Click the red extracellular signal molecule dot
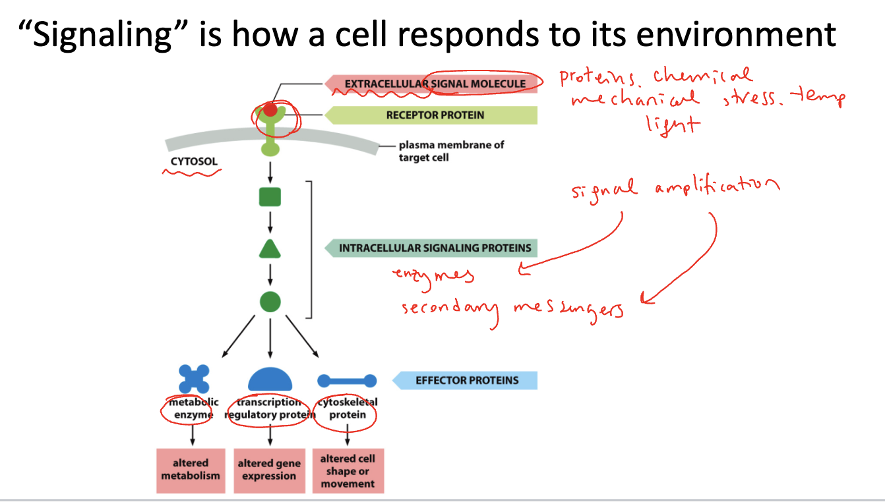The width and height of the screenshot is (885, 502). [270, 109]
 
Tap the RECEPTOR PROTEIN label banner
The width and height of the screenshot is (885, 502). [435, 115]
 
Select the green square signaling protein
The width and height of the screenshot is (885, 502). [270, 196]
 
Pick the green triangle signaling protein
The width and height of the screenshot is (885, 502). [270, 250]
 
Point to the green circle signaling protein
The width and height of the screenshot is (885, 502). [270, 302]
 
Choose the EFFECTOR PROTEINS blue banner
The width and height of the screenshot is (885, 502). [466, 380]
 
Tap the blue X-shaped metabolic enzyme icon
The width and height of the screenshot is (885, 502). [194, 379]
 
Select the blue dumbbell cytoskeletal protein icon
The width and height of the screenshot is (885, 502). [347, 381]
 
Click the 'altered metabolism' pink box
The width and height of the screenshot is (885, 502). [191, 470]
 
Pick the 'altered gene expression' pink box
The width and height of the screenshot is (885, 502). [269, 470]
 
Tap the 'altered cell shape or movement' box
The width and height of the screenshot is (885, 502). [348, 470]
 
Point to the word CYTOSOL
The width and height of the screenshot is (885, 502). [193, 161]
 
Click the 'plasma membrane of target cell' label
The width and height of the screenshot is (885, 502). [451, 152]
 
